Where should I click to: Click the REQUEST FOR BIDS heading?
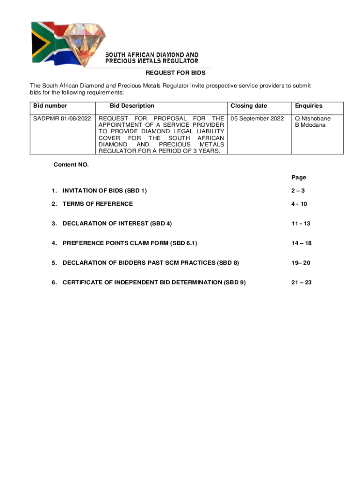[x=175, y=73]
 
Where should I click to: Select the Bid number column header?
[x=50, y=106]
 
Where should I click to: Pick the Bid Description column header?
[x=132, y=106]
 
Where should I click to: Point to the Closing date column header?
[x=249, y=106]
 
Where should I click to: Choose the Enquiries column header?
[x=308, y=106]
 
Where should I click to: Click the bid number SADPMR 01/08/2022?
[x=62, y=118]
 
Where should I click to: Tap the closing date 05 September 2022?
[x=257, y=118]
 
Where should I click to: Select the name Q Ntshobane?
[x=312, y=118]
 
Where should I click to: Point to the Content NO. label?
[x=71, y=165]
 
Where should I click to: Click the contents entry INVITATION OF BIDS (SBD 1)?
[x=105, y=190]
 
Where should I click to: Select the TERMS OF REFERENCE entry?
[x=98, y=203]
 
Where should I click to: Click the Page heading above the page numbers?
[x=299, y=177]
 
